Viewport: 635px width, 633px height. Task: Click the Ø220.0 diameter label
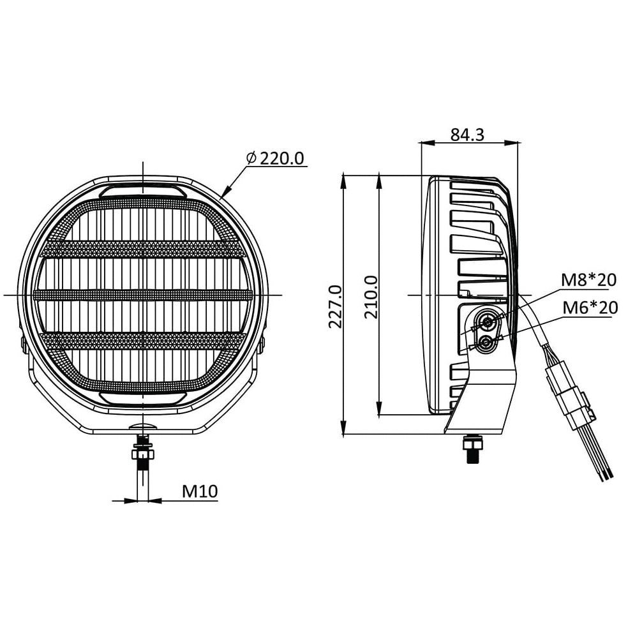pos(276,158)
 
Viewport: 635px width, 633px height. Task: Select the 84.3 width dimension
pos(467,134)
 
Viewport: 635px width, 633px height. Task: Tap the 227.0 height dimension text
pos(335,306)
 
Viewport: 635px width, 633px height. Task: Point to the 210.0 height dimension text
pos(371,297)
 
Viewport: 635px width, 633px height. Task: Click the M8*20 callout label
pos(588,279)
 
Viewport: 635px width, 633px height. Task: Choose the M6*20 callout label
pos(590,308)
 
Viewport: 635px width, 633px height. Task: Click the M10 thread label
pos(200,491)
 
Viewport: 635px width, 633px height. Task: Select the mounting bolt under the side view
pos(473,448)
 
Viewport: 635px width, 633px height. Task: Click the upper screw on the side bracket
pos(489,321)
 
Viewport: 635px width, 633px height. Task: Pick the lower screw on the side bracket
pos(488,343)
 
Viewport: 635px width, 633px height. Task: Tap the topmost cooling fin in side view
pos(472,185)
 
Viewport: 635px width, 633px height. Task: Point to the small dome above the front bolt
pos(143,425)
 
